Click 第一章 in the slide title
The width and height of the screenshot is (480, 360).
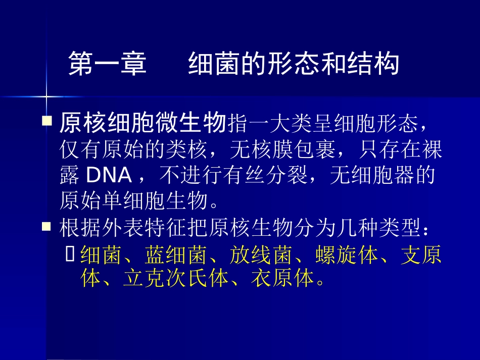click(x=107, y=64)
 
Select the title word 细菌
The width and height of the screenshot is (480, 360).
click(x=208, y=64)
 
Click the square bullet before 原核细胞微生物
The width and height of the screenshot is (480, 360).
click(x=47, y=122)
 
